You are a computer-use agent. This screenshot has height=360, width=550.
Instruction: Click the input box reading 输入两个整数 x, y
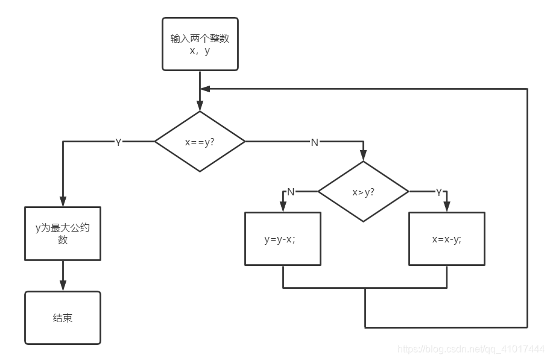pos(200,44)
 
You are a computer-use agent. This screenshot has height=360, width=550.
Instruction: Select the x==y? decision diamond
pos(200,142)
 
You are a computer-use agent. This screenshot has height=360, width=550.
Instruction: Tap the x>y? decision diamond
pos(363,192)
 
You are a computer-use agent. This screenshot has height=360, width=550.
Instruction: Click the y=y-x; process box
pos(282,239)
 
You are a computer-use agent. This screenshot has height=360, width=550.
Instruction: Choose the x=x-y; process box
pos(446,239)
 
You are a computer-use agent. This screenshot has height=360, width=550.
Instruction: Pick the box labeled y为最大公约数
pos(62,234)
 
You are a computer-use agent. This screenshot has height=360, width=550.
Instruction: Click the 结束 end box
pos(62,318)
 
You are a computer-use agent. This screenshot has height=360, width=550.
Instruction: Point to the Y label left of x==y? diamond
pos(118,142)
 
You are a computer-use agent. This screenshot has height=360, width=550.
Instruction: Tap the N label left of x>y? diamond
pos(291,192)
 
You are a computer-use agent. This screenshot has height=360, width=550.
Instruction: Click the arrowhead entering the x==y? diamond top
pos(200,107)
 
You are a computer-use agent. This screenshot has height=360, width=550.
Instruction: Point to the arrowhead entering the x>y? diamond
pos(363,156)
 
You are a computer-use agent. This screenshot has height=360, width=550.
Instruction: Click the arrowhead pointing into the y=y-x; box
pos(282,207)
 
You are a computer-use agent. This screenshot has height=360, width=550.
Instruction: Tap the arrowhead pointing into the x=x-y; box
pos(446,207)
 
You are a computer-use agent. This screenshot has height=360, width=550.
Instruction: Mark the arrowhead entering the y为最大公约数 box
pos(62,203)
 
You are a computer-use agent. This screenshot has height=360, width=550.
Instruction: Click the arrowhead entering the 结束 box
pos(62,287)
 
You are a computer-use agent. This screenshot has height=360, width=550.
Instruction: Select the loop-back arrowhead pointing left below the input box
pos(205,89)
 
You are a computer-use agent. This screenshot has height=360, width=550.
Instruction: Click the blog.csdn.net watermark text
pos(472,349)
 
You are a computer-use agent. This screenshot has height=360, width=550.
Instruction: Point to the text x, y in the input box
pos(200,51)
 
